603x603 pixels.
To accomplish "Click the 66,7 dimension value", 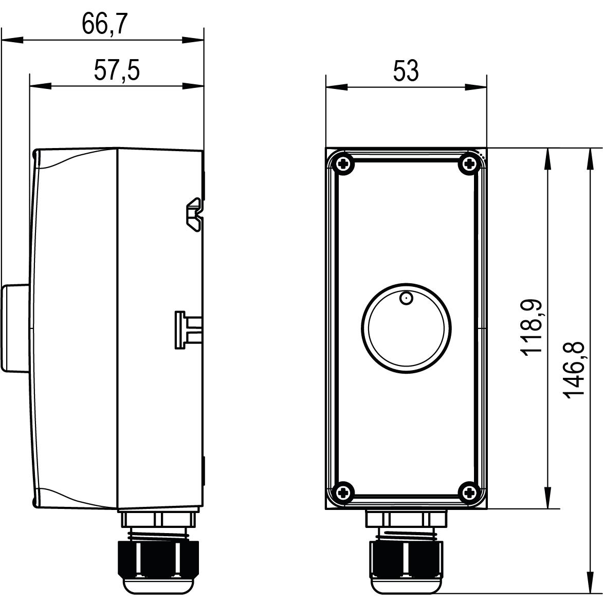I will point(104,24).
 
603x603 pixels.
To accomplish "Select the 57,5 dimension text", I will point(117,70).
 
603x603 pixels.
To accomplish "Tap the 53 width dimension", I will point(406,70).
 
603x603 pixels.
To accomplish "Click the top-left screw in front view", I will point(343,165).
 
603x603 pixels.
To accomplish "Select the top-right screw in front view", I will point(469,165).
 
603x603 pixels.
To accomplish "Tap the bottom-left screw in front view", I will point(343,492).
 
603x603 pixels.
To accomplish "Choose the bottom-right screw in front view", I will point(469,492).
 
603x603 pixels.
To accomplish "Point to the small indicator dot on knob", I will point(406,298).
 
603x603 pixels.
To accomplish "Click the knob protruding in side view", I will point(15,327).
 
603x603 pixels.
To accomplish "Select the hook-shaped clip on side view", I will point(194,215).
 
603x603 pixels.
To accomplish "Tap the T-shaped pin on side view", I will point(186,330).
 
